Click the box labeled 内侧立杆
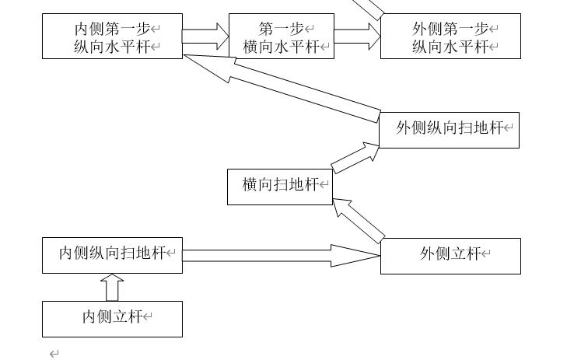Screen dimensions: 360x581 point(112,319)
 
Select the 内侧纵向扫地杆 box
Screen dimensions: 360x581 point(112,255)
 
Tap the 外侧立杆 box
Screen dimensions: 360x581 point(450,256)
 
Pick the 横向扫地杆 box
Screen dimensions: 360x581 point(280,187)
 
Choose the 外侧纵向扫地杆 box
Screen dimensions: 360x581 point(449,129)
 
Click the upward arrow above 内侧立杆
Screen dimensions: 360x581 point(113,287)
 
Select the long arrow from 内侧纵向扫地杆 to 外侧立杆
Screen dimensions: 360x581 point(280,255)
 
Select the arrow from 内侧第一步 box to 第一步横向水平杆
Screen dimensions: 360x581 point(205,36)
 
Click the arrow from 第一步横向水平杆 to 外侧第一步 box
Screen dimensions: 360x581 point(357,36)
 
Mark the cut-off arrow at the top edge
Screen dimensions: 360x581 point(372,8)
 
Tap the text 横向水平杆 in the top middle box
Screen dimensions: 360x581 point(281,47)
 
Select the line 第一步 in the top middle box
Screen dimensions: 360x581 point(281,29)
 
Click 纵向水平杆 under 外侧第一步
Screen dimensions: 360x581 point(450,47)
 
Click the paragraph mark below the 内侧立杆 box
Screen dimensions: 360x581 point(54,354)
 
